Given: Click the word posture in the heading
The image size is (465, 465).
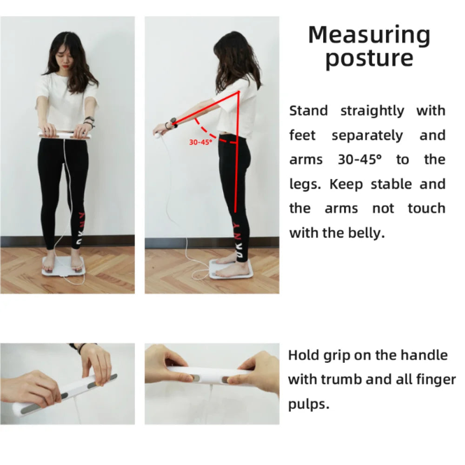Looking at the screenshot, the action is (x=369, y=59).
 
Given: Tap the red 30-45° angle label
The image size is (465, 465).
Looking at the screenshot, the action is (x=201, y=142).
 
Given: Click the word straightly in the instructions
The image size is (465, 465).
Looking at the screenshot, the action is (x=372, y=111).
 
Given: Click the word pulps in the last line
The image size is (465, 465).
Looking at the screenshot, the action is (x=308, y=405).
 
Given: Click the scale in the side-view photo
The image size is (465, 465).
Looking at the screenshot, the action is (x=231, y=269).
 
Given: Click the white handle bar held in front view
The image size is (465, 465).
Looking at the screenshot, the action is (x=64, y=135).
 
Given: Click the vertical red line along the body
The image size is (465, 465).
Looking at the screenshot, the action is (x=237, y=152).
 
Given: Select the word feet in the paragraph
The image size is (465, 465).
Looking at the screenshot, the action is (x=302, y=135).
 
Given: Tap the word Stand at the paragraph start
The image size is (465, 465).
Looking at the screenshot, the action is (x=308, y=111).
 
